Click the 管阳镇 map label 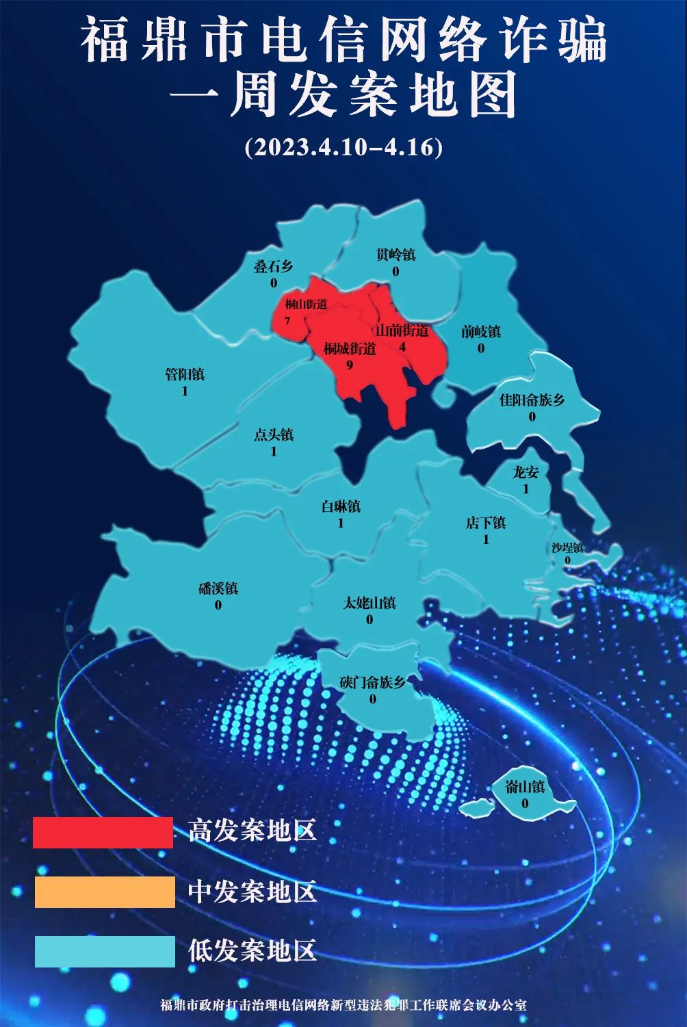coord(185,375)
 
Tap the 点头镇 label coord(274,434)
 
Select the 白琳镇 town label coord(341,507)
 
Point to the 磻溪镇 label coord(218,588)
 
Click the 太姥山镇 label coord(370,603)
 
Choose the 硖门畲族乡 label coord(373,682)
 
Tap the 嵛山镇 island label coord(525,787)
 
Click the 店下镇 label coord(486,523)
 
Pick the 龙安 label coord(526,472)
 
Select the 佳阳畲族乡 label coord(532,400)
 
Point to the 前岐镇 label coord(481,332)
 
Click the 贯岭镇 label coord(396,255)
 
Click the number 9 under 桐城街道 coord(350,365)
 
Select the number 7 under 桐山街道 coord(288,320)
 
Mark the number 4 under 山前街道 coord(402,347)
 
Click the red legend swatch coord(103,833)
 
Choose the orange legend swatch coord(105,892)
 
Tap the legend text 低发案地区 coord(252,951)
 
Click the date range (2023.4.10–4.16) coord(343,147)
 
